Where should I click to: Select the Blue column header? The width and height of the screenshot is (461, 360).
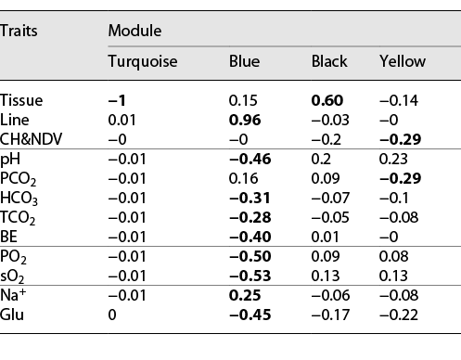point(244,61)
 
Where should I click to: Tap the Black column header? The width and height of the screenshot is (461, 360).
point(329,61)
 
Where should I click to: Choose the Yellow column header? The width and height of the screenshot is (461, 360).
point(403,61)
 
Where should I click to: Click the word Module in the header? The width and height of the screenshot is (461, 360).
point(134,30)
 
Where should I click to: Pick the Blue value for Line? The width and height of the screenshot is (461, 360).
point(244,119)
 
